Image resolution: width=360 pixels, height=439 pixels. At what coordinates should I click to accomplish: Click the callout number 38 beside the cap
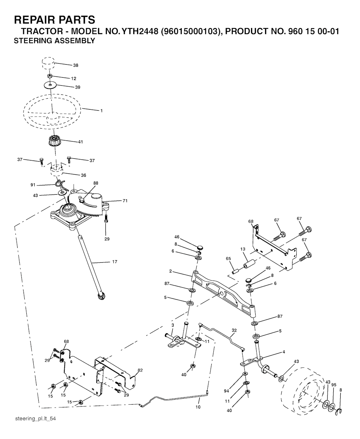[x=76, y=65]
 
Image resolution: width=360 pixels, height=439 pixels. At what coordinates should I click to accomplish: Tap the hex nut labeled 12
[x=50, y=76]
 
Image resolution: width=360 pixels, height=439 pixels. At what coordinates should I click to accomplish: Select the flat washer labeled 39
[x=50, y=85]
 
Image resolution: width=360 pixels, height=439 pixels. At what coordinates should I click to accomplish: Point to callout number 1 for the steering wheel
[x=102, y=111]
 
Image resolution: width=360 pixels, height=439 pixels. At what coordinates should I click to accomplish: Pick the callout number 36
[x=84, y=175]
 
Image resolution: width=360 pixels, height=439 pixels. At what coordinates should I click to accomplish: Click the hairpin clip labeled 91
[x=61, y=185]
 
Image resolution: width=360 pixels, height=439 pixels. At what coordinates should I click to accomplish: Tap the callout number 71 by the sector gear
[x=125, y=201]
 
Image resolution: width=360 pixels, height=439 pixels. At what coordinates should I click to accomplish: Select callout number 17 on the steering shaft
[x=115, y=262]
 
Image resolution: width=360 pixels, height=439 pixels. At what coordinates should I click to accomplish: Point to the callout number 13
[x=243, y=249]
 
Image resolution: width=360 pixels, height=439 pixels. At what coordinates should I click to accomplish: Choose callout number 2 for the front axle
[x=171, y=271]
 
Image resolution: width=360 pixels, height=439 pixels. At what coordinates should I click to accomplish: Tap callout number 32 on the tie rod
[x=234, y=330]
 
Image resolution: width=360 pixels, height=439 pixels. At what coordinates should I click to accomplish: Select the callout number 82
[x=140, y=370]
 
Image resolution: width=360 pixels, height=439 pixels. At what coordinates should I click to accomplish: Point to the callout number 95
[x=334, y=385]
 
